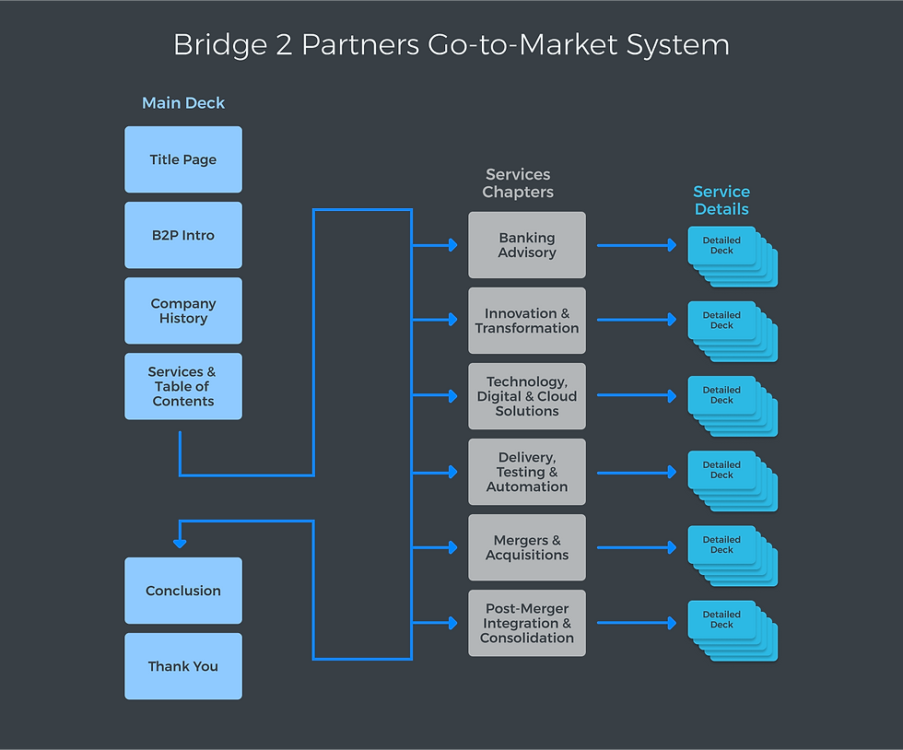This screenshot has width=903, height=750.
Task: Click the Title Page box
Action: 183,159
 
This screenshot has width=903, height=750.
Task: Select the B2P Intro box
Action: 183,235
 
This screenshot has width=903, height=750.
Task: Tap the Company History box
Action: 183,311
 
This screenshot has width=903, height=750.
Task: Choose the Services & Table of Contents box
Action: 183,386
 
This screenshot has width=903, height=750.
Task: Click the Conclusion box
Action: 183,591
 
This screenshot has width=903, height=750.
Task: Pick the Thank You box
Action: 183,666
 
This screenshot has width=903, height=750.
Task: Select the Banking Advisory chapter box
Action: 527,245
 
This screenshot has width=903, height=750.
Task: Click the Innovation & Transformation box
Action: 527,321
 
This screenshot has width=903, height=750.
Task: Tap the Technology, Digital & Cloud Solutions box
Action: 527,396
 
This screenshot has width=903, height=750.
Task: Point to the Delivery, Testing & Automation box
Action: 527,472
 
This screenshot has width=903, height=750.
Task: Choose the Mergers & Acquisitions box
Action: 527,547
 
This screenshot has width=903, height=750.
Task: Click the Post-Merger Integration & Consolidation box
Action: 527,623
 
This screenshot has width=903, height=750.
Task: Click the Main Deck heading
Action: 183,103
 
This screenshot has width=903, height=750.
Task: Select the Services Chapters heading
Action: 518,183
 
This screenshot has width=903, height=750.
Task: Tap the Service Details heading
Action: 721,200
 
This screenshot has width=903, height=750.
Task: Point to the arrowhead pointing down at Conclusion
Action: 180,544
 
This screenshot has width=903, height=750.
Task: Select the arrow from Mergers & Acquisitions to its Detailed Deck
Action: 636,547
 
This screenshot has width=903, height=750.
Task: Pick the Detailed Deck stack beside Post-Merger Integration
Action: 731,630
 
